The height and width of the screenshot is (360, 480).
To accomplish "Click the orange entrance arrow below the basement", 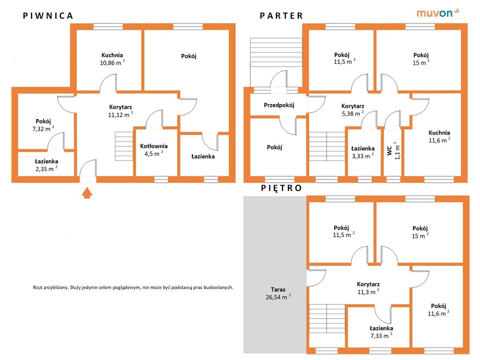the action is click(87, 193).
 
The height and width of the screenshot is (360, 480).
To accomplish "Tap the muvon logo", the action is click(437, 13).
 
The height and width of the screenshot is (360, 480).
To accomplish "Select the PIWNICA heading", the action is click(48, 16).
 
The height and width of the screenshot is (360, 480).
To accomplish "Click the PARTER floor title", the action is click(281, 16).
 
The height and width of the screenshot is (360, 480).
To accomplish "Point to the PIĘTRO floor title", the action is click(281, 188).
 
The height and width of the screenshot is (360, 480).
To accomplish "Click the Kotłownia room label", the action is click(154, 146).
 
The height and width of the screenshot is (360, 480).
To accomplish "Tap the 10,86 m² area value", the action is click(112, 63).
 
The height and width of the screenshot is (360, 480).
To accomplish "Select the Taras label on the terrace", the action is click(278, 289).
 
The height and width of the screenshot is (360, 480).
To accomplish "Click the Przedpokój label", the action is click(279, 105).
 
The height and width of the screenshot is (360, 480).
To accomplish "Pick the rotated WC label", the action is click(390, 150).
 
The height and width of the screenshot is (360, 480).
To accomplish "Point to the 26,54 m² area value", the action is click(278, 297).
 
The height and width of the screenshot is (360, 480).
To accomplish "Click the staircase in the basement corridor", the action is click(124, 146).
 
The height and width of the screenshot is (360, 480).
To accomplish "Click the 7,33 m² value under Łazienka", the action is click(382, 336).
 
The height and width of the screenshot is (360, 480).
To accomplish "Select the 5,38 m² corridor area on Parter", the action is click(352, 113).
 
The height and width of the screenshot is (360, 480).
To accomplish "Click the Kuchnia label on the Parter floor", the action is click(439, 133).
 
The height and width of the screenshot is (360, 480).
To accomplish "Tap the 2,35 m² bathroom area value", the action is click(46, 169).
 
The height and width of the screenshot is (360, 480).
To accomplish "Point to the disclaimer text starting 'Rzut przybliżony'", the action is click(133, 287).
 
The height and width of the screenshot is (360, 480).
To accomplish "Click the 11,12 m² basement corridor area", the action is click(120, 115).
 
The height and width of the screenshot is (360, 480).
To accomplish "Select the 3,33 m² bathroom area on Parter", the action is click(363, 156).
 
